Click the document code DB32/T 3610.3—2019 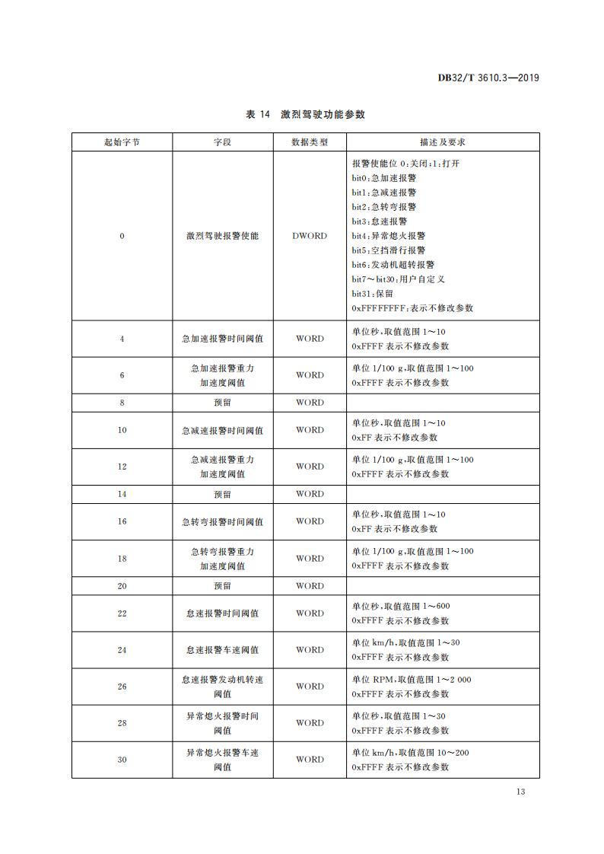click(x=488, y=77)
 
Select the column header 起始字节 click(x=122, y=142)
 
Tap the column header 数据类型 click(x=310, y=142)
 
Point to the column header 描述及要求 click(x=443, y=142)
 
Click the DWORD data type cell click(x=310, y=236)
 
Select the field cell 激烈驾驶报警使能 click(x=222, y=236)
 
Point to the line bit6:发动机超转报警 click(x=393, y=265)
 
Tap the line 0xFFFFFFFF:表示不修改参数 click(x=412, y=308)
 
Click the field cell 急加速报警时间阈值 click(x=222, y=339)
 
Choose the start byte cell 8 click(x=122, y=403)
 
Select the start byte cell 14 click(x=122, y=494)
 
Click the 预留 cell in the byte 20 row click(x=222, y=586)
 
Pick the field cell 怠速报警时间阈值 click(x=222, y=613)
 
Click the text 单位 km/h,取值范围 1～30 click(x=405, y=642)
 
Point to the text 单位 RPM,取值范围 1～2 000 click(x=412, y=679)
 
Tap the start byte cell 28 click(x=122, y=723)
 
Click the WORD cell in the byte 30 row click(x=310, y=760)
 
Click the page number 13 click(x=520, y=792)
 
